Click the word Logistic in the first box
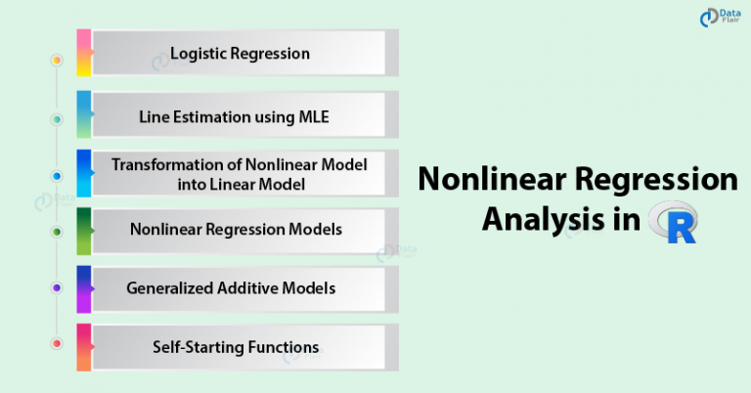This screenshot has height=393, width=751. point(199,54)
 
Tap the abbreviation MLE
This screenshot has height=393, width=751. point(314,116)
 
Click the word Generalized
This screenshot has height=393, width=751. point(169,288)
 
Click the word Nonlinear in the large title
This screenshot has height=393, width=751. point(493,179)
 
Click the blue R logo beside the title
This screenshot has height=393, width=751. point(673,222)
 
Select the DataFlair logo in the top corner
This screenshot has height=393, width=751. point(720,18)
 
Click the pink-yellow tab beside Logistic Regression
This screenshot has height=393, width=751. point(84,53)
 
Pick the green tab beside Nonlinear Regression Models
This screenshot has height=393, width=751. point(84,231)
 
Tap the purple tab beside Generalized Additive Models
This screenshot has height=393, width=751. point(84,289)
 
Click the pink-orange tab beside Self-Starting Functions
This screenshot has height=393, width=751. point(84,347)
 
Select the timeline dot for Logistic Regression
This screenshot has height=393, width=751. point(57,61)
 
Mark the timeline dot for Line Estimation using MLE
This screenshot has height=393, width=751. point(57,119)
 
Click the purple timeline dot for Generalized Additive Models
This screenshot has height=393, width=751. point(57,287)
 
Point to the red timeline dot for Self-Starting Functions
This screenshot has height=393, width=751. point(57,343)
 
